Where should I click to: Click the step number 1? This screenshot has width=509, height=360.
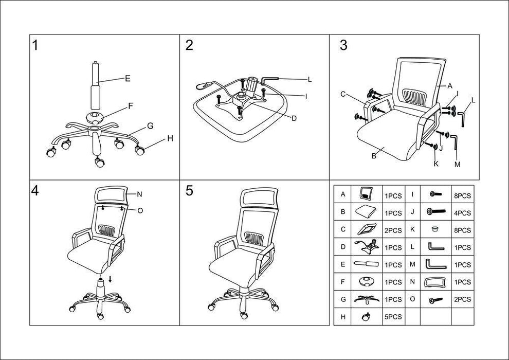coord(35,45)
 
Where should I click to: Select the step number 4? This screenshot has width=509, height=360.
coord(35,190)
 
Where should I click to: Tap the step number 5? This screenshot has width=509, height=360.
coord(189,190)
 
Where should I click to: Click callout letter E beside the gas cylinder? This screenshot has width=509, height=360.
coord(127,79)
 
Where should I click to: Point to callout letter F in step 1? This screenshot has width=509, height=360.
coord(131,106)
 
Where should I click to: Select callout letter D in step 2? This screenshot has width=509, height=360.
coord(294,118)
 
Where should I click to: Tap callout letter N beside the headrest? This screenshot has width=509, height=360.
coord(139,194)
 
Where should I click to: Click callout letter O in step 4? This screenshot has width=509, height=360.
coord(140,210)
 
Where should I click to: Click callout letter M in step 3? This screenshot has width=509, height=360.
coord(457,164)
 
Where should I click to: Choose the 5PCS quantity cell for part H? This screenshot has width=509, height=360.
coord(393,317)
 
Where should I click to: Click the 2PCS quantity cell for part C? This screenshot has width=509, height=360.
coord(393,230)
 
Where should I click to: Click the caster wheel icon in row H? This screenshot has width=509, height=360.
coord(367,317)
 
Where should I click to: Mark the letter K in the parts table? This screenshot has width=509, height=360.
coord(413,229)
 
